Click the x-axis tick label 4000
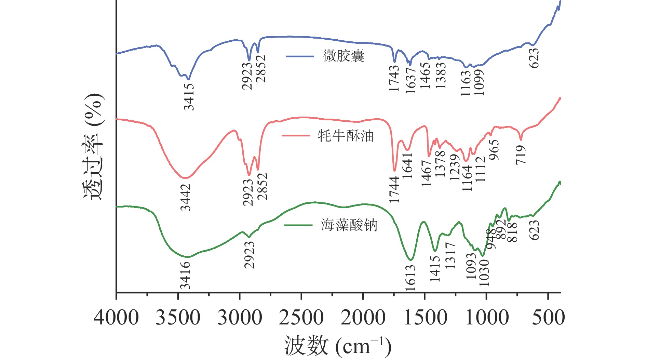(116, 317)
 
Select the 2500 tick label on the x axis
(301, 317)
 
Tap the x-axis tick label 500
(548, 317)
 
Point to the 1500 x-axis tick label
(425, 317)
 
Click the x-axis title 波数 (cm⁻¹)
(338, 346)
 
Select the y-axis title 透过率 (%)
(93, 146)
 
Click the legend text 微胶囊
(344, 56)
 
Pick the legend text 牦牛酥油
(346, 136)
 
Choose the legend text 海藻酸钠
(349, 225)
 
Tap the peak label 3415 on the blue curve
(189, 97)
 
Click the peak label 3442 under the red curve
(186, 197)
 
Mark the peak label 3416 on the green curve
(185, 275)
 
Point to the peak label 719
(521, 155)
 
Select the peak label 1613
(411, 278)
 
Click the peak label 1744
(394, 189)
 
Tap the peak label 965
(494, 150)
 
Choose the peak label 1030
(484, 273)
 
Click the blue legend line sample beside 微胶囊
(300, 56)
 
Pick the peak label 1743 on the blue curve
(394, 78)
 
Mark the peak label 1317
(450, 255)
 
